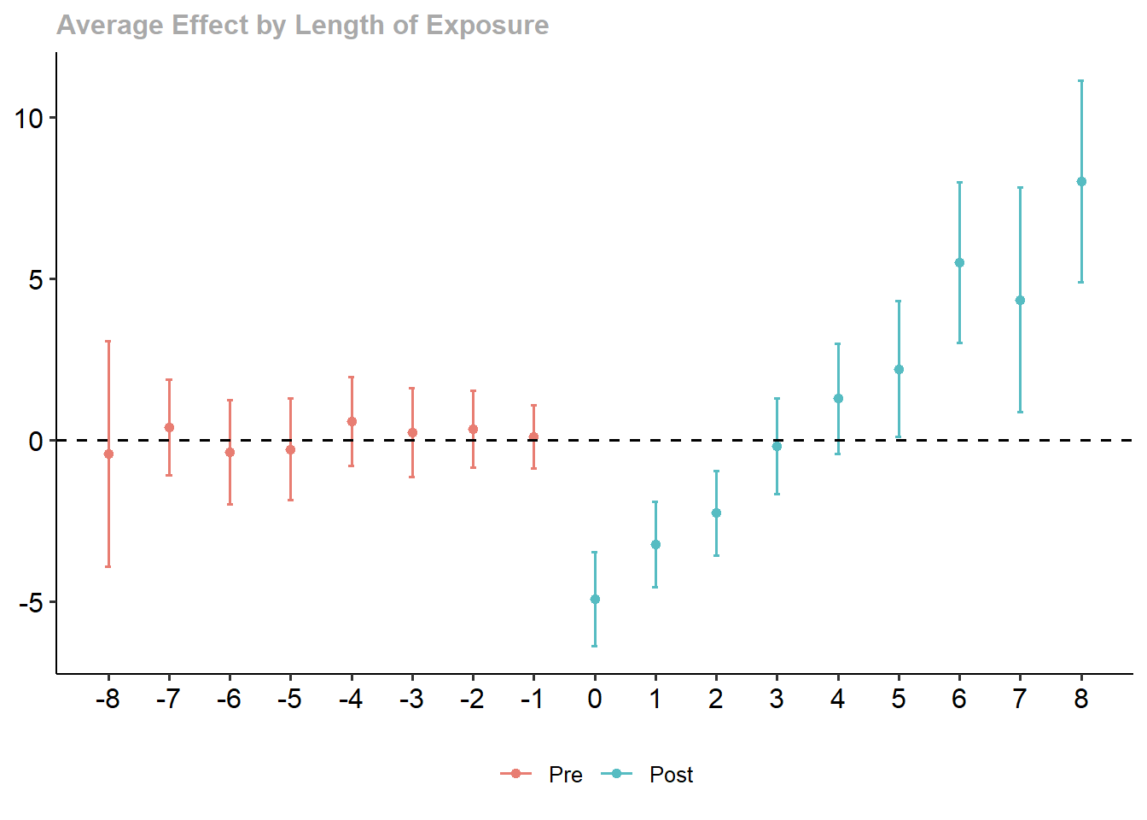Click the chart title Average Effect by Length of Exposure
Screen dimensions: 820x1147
pos(303,26)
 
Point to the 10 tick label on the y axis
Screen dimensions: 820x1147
pos(29,118)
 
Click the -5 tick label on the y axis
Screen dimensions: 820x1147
pos(31,603)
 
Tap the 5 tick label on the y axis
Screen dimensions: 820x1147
pos(36,279)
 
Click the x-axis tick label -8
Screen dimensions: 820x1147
pos(108,700)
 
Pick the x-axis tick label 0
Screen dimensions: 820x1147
pos(595,700)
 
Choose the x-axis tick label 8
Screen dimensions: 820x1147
pos(1081,700)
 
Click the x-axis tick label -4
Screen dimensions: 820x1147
pos(351,700)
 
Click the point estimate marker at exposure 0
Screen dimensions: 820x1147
pos(595,600)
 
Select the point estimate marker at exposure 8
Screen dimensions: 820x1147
pos(1081,181)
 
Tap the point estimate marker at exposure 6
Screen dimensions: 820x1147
pos(959,263)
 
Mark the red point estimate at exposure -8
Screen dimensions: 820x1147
pos(108,454)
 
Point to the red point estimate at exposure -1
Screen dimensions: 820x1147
pos(533,437)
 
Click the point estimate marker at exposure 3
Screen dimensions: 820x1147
pos(777,446)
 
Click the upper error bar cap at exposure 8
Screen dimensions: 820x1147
pos(1081,81)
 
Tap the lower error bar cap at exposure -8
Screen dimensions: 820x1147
pos(108,566)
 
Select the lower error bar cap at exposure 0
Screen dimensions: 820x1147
pos(595,646)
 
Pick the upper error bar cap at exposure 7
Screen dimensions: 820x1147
pos(1020,188)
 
